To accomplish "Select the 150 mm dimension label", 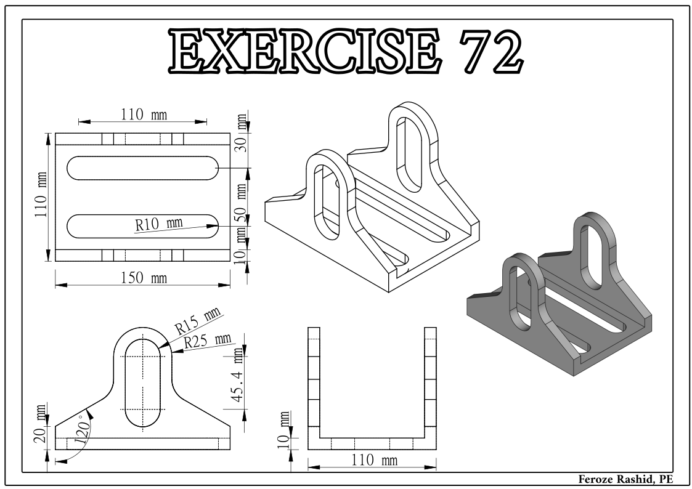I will pyautogui.click(x=143, y=278).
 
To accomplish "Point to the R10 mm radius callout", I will pyautogui.click(x=158, y=223).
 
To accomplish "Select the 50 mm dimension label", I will pyautogui.click(x=242, y=198).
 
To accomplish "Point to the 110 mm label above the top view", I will pyautogui.click(x=143, y=114).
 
